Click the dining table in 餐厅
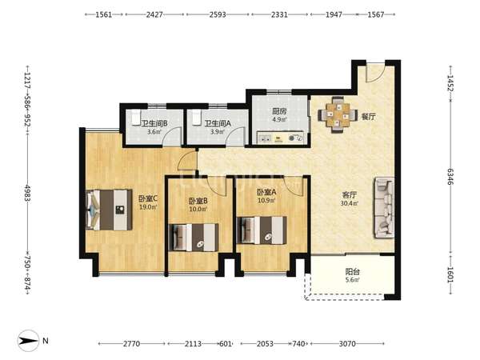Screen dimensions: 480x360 [338, 115]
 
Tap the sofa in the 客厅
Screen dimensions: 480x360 [383, 207]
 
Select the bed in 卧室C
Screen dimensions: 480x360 [109, 210]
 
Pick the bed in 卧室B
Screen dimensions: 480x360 [194, 238]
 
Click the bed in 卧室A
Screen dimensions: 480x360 [262, 230]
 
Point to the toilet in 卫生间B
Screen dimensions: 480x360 [136, 118]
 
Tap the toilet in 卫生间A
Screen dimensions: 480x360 [197, 118]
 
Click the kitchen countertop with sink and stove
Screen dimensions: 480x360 [281, 138]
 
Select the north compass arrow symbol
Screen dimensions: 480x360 [29, 341]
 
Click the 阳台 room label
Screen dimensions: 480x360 [352, 271]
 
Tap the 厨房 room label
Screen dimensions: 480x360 [279, 111]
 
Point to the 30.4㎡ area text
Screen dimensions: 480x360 [349, 203]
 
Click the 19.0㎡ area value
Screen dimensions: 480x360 [148, 207]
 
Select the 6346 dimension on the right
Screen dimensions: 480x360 [450, 176]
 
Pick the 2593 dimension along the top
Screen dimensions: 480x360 [218, 14]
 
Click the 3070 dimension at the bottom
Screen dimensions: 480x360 [347, 344]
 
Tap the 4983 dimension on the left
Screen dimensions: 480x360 [27, 193]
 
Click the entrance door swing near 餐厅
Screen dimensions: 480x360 [375, 73]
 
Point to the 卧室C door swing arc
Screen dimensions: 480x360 [186, 161]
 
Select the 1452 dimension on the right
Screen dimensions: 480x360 [450, 83]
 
